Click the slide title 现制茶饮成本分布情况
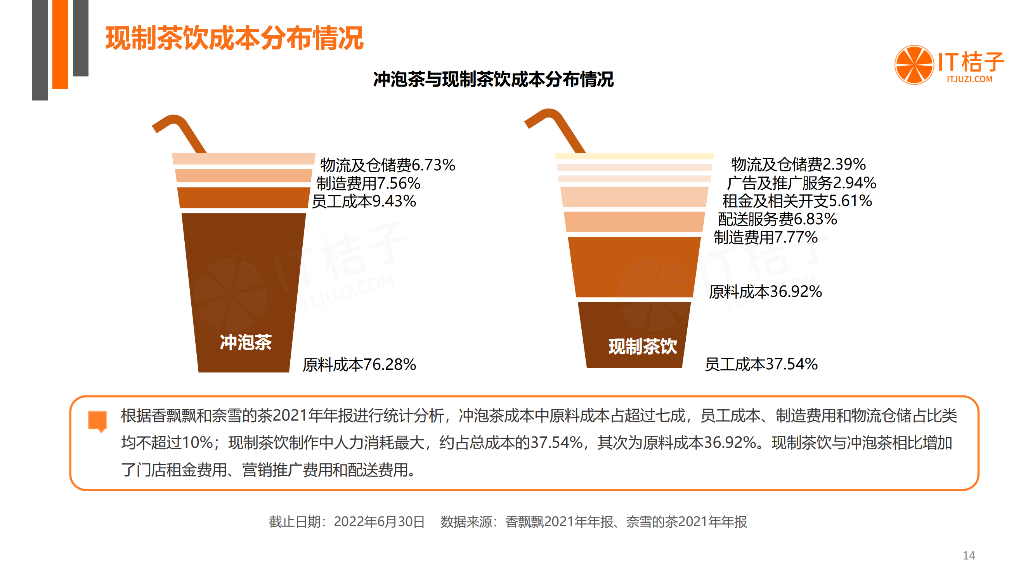tap(234, 38)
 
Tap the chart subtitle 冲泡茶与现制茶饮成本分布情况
tap(493, 79)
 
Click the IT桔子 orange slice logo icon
tap(914, 65)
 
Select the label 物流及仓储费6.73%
tap(387, 165)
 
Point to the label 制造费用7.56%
tap(368, 183)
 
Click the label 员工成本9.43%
tap(364, 201)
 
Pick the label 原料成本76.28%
tap(359, 364)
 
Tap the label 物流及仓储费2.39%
tap(798, 164)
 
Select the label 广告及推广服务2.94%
tap(801, 183)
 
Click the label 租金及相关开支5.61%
tap(797, 201)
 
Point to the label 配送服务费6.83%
tap(777, 219)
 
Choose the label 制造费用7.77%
tap(765, 237)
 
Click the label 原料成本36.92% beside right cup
tap(765, 292)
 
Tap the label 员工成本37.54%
tap(761, 364)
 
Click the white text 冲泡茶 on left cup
tap(246, 342)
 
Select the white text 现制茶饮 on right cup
tap(642, 346)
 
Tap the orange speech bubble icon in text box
tap(97, 421)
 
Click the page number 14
tap(969, 555)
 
